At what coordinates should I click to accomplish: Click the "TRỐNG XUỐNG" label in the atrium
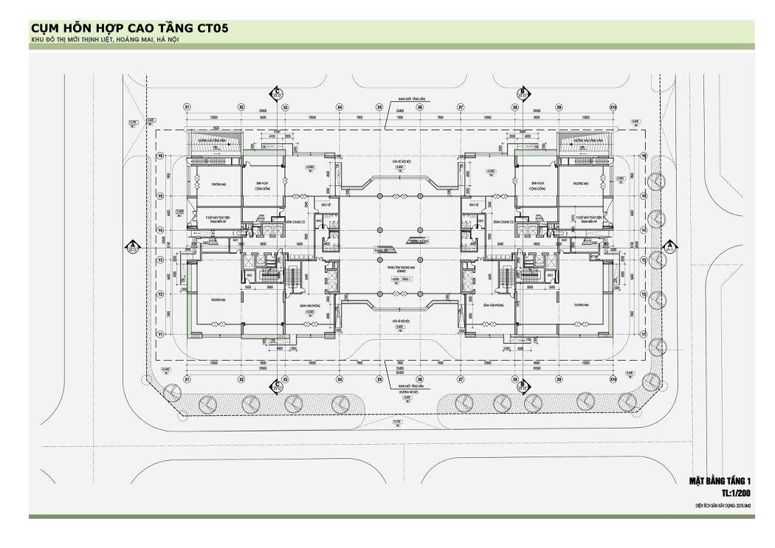coord(418,240)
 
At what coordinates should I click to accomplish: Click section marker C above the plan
coord(276,92)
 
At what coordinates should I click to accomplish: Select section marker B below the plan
coord(522,384)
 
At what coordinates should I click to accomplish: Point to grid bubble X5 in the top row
coord(379,107)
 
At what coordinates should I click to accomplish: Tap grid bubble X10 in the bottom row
coord(613,378)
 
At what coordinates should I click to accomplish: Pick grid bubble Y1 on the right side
coord(643,334)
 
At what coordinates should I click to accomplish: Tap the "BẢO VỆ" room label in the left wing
coord(322,204)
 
